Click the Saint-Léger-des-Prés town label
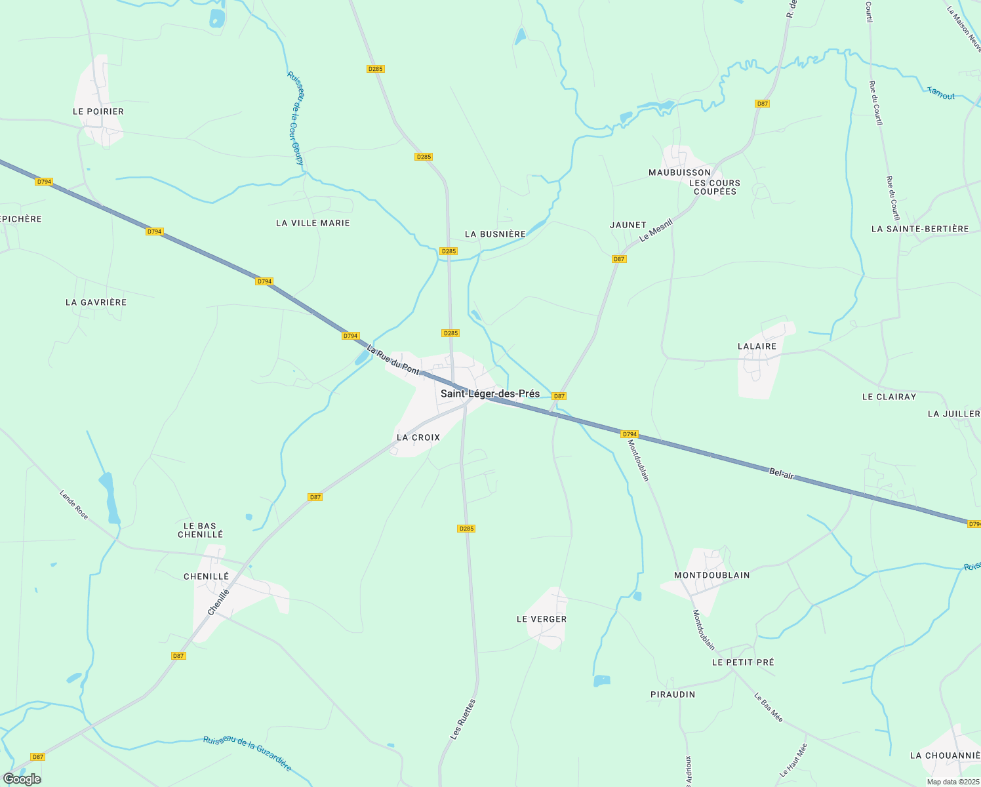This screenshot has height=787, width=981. point(490,393)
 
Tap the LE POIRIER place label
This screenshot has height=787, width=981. point(98,111)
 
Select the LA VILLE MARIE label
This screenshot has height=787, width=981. point(313,223)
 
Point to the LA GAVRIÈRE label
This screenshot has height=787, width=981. point(96,302)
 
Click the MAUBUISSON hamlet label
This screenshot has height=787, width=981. point(679,172)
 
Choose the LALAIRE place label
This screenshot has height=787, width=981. point(757,346)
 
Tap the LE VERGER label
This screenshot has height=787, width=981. point(542,619)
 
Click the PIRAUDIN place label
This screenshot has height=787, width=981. point(673,695)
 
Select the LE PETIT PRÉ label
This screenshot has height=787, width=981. point(743,662)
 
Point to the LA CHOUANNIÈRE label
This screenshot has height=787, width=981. point(945,756)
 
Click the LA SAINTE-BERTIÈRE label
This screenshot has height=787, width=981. point(920,229)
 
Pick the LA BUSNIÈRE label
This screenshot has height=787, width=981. point(495,234)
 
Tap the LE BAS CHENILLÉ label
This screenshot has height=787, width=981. point(200,530)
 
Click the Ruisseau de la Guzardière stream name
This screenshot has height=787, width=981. point(247,752)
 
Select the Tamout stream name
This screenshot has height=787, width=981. point(941,93)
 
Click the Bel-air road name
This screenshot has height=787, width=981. point(781,474)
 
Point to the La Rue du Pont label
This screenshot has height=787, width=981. point(393,360)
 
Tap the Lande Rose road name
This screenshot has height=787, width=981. point(73,504)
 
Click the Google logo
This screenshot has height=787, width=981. point(22,779)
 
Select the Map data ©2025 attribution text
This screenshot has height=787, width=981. point(952,782)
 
